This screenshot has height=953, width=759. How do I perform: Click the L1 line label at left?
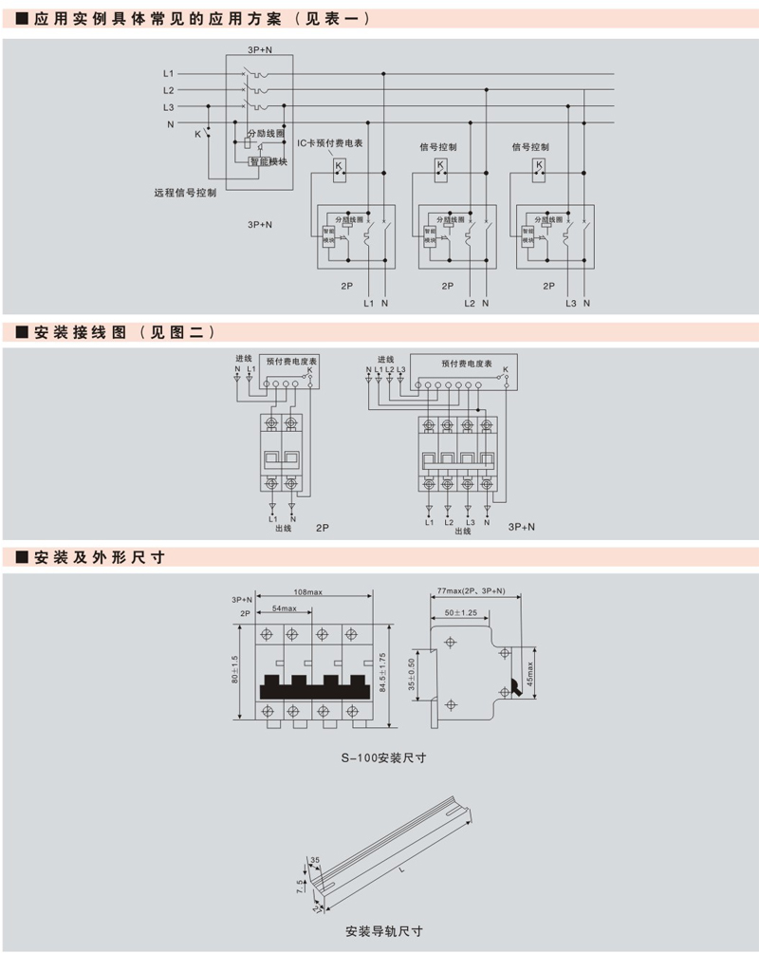point(168,73)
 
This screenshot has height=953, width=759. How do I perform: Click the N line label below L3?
point(171,124)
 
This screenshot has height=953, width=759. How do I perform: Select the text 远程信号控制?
point(185,192)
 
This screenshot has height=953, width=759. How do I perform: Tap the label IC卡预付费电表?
point(330,143)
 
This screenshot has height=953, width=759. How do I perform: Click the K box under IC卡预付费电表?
point(339,166)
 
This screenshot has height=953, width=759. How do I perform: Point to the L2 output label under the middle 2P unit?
point(469,304)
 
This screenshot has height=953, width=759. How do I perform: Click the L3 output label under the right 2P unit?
point(570,304)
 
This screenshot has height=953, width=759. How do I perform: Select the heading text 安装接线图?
point(80,332)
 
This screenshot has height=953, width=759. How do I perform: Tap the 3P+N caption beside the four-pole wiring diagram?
point(522,525)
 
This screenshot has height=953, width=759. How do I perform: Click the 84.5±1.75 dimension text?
point(382,672)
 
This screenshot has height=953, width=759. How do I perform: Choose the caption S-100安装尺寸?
point(383,757)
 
